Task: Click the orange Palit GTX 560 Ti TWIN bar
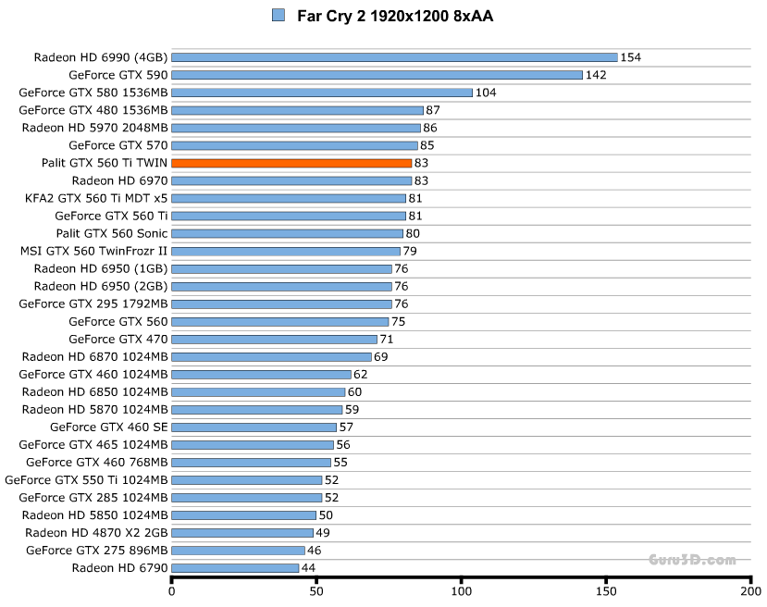point(291,163)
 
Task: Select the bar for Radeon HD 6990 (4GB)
point(394,57)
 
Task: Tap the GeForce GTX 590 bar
point(377,75)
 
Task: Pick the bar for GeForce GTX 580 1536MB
point(322,93)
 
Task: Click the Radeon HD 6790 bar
point(235,567)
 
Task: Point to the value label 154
point(631,57)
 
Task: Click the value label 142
point(596,75)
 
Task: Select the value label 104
point(486,93)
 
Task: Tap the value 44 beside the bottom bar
point(309,567)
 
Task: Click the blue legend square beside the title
point(278,15)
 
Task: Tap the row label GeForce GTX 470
point(118,339)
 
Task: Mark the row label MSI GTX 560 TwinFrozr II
point(94,251)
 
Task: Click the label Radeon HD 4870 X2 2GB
point(97,532)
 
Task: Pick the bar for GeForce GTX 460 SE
point(254,427)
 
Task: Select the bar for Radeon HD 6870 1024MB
point(271,356)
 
